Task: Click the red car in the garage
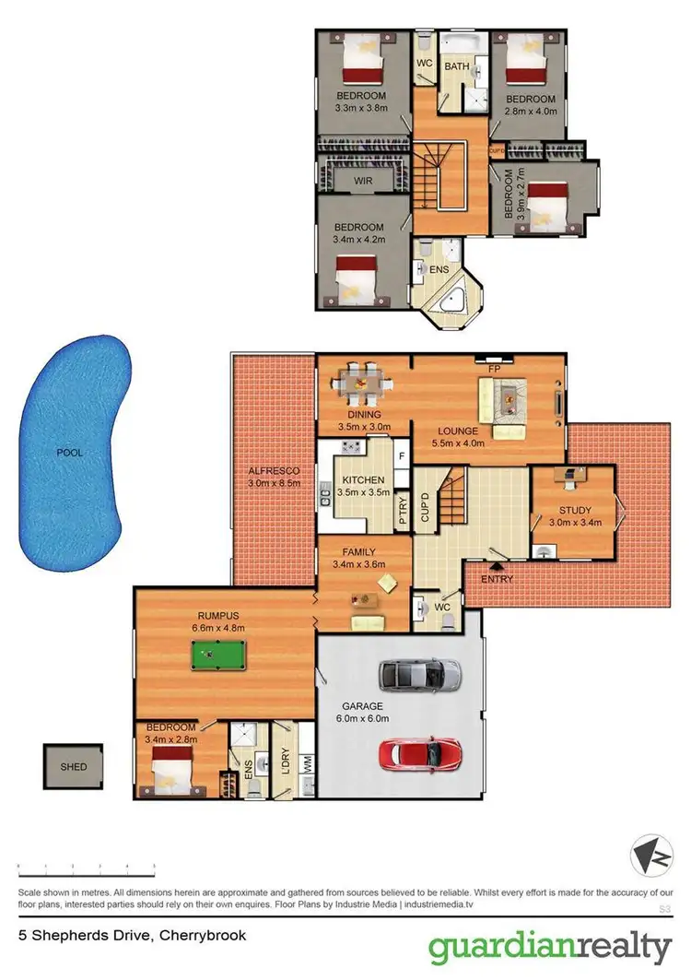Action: [420, 752]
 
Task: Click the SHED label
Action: [74, 767]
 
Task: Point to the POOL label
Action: [68, 454]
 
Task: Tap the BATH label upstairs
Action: [457, 66]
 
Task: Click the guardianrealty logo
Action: [549, 948]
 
